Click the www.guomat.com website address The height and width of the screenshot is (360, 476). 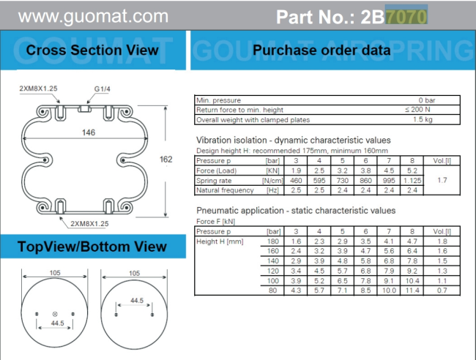coord(93,16)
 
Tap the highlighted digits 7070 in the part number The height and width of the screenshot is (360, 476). coord(406,16)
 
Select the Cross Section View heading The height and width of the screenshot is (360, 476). coord(92,50)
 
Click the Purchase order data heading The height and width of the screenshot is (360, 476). coord(321,50)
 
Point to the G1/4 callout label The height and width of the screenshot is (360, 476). coord(103,89)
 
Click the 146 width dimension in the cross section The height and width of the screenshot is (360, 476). coord(89,132)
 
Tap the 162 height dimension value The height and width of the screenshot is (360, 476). coord(166,160)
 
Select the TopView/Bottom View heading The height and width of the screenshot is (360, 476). coord(92,247)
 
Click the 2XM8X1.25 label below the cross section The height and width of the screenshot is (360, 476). coord(89,223)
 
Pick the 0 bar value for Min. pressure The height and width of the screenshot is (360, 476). coord(427,100)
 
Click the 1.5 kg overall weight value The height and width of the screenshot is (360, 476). coord(423,119)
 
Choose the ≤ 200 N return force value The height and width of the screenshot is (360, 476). coord(417,110)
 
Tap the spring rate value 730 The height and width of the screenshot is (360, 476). coord(343,181)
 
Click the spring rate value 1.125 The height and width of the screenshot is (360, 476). coord(412,181)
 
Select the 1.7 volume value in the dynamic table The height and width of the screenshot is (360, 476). coord(442,180)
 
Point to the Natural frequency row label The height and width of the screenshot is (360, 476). coord(225,190)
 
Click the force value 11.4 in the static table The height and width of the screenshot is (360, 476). coord(412,290)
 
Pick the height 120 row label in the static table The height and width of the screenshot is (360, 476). coord(273,271)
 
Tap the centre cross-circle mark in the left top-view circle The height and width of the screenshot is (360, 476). coord(55,314)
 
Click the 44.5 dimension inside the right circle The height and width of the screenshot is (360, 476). coord(137,300)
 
